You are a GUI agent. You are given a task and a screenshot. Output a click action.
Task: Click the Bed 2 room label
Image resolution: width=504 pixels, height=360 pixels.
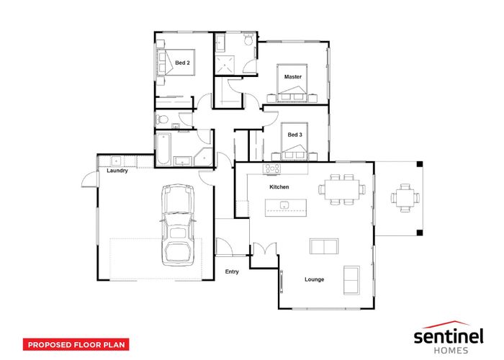pos(182,63)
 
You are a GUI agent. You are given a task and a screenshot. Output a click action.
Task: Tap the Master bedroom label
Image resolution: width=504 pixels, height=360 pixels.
pos(293,77)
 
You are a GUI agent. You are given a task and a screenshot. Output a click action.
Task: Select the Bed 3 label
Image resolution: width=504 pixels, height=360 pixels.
pos(294,135)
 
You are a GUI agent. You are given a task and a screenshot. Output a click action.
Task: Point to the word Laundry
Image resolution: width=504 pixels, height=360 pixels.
pos(117,171)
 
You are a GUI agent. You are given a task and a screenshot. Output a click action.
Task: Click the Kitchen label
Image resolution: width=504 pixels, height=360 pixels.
pos(279,186)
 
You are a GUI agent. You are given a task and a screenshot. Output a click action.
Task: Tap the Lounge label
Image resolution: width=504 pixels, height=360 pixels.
pos(315,279)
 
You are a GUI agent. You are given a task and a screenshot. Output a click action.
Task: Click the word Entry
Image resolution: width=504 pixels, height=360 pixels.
pos(232,271)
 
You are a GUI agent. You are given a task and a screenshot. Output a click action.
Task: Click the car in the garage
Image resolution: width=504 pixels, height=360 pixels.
pos(178,225)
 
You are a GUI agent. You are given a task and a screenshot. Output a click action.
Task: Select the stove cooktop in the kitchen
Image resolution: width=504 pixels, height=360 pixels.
pos(271,168)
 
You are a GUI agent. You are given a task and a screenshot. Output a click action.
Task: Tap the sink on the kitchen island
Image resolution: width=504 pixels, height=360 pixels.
pos(284,204)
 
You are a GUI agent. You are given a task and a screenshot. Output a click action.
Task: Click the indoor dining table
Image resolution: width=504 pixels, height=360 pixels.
pos(342,189)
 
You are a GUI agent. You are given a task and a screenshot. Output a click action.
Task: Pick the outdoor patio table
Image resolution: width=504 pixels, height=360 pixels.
pos(405,198)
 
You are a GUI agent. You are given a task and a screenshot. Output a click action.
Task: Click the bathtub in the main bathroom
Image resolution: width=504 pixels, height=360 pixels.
pos(163,149)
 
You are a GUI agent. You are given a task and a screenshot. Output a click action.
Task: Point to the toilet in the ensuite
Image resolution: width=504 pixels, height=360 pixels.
pos(248,40)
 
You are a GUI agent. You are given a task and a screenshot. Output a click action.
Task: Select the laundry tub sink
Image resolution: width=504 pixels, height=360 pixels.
pos(116,161)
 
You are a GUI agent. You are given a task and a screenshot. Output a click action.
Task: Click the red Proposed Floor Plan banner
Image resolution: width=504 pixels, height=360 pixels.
pos(76,345)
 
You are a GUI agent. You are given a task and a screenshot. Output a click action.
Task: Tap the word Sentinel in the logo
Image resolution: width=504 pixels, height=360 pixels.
pos(449,336)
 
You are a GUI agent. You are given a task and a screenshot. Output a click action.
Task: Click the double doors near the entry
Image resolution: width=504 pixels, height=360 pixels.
pos(264,249)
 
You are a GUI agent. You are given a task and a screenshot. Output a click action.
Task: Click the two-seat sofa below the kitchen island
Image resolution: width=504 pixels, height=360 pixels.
pos(324,246)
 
